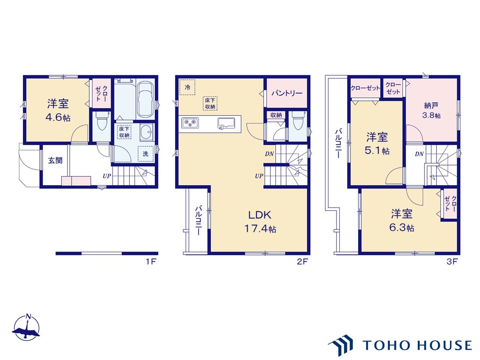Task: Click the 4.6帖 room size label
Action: coord(58,118)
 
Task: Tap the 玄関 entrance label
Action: coord(55,160)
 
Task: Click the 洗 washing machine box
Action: coord(145,154)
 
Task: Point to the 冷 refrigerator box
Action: coord(187,87)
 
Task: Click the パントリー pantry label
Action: coord(287,93)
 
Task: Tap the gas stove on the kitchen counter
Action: coord(190,123)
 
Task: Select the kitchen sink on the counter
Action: coord(226,123)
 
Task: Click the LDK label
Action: coord(260,215)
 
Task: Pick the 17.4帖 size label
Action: coord(260,229)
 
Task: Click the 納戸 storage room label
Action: coord(431,106)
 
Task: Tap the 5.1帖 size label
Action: coord(377,151)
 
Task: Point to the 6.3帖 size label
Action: coord(402,228)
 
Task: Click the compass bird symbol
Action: coord(26,329)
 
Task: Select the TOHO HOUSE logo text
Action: coord(417,345)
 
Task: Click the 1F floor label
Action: coord(151,261)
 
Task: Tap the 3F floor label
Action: coord(452,261)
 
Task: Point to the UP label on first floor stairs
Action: coord(107,176)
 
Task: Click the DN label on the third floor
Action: coord(419,154)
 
